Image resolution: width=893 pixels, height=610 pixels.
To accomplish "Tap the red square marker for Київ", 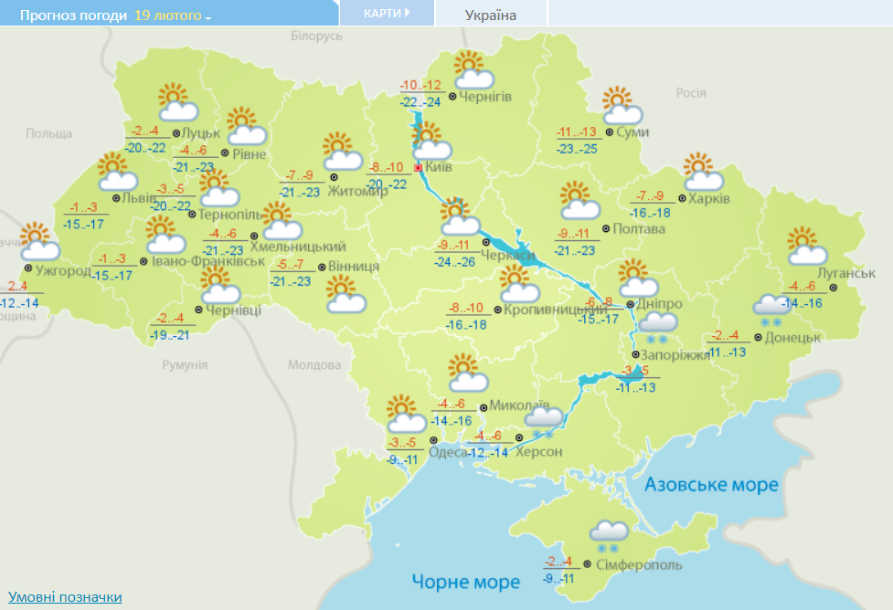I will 419,168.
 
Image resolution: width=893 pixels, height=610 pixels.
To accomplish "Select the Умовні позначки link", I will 65,597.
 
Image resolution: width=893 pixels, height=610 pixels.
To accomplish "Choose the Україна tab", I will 490,15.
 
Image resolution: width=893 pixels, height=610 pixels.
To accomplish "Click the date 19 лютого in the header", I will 167,16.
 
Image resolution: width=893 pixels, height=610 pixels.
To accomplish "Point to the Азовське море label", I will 711,484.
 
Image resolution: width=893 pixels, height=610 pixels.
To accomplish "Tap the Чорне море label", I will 465,582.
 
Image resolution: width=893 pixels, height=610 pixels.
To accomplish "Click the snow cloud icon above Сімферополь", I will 609,534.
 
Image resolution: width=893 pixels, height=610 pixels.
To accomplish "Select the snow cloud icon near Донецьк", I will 770,309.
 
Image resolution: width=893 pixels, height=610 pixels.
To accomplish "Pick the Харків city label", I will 710,199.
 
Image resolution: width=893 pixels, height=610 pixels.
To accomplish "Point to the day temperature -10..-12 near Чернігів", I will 420,85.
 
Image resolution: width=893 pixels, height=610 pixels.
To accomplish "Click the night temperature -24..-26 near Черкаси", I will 455,261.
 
